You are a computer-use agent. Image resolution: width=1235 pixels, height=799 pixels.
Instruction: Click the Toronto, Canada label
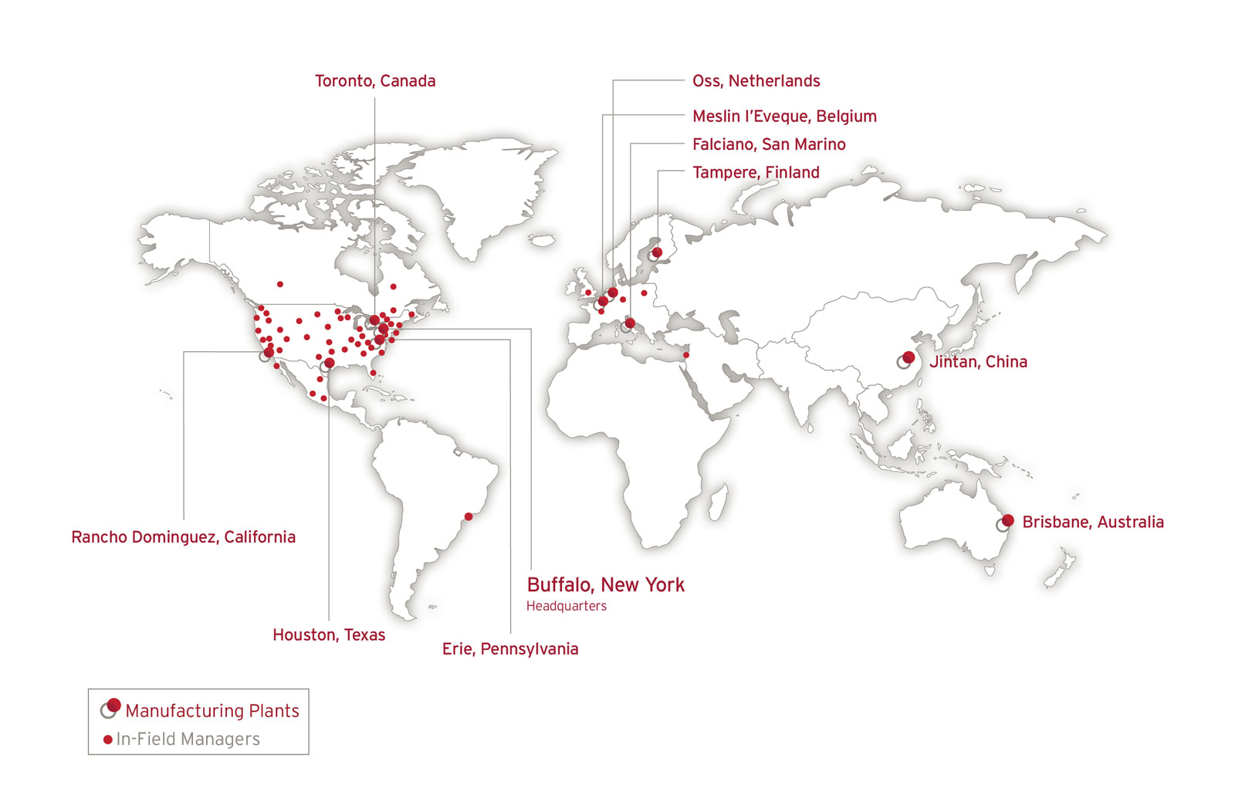(x=375, y=81)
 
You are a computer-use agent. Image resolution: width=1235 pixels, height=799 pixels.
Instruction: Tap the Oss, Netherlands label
(x=756, y=81)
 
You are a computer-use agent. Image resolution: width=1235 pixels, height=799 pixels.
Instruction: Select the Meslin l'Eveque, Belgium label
(x=784, y=117)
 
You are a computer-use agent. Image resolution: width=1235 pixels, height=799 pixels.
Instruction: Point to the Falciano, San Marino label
(x=769, y=144)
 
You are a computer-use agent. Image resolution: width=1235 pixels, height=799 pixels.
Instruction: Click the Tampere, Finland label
(x=756, y=172)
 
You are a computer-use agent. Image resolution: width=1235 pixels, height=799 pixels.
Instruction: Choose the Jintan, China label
(x=978, y=362)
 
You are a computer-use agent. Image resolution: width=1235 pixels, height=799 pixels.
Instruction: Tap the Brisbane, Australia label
(x=1092, y=522)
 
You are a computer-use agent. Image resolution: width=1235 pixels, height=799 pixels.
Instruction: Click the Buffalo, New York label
(x=605, y=585)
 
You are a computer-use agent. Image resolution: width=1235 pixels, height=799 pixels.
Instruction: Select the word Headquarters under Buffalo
(x=566, y=606)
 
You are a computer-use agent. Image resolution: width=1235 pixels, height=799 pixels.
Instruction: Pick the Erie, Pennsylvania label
(x=510, y=649)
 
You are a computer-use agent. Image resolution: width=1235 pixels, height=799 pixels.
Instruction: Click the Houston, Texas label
(x=329, y=635)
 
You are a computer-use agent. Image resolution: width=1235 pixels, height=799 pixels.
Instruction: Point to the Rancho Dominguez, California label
(x=183, y=537)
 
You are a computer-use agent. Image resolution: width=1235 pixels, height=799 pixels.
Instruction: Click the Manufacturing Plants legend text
(x=212, y=711)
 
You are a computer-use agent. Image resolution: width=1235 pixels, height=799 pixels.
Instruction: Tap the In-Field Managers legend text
(x=188, y=740)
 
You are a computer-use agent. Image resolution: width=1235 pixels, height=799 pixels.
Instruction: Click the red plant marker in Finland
(x=657, y=252)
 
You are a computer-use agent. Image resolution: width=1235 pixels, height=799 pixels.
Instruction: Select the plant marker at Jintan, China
(x=908, y=357)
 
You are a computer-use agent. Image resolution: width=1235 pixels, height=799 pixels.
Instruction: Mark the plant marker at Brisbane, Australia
(x=1007, y=520)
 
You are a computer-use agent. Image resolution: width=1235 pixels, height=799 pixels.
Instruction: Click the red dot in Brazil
(x=468, y=516)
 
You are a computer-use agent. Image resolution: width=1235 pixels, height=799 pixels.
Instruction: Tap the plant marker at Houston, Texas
(x=330, y=363)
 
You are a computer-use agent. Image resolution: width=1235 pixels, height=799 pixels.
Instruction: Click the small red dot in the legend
(x=107, y=740)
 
